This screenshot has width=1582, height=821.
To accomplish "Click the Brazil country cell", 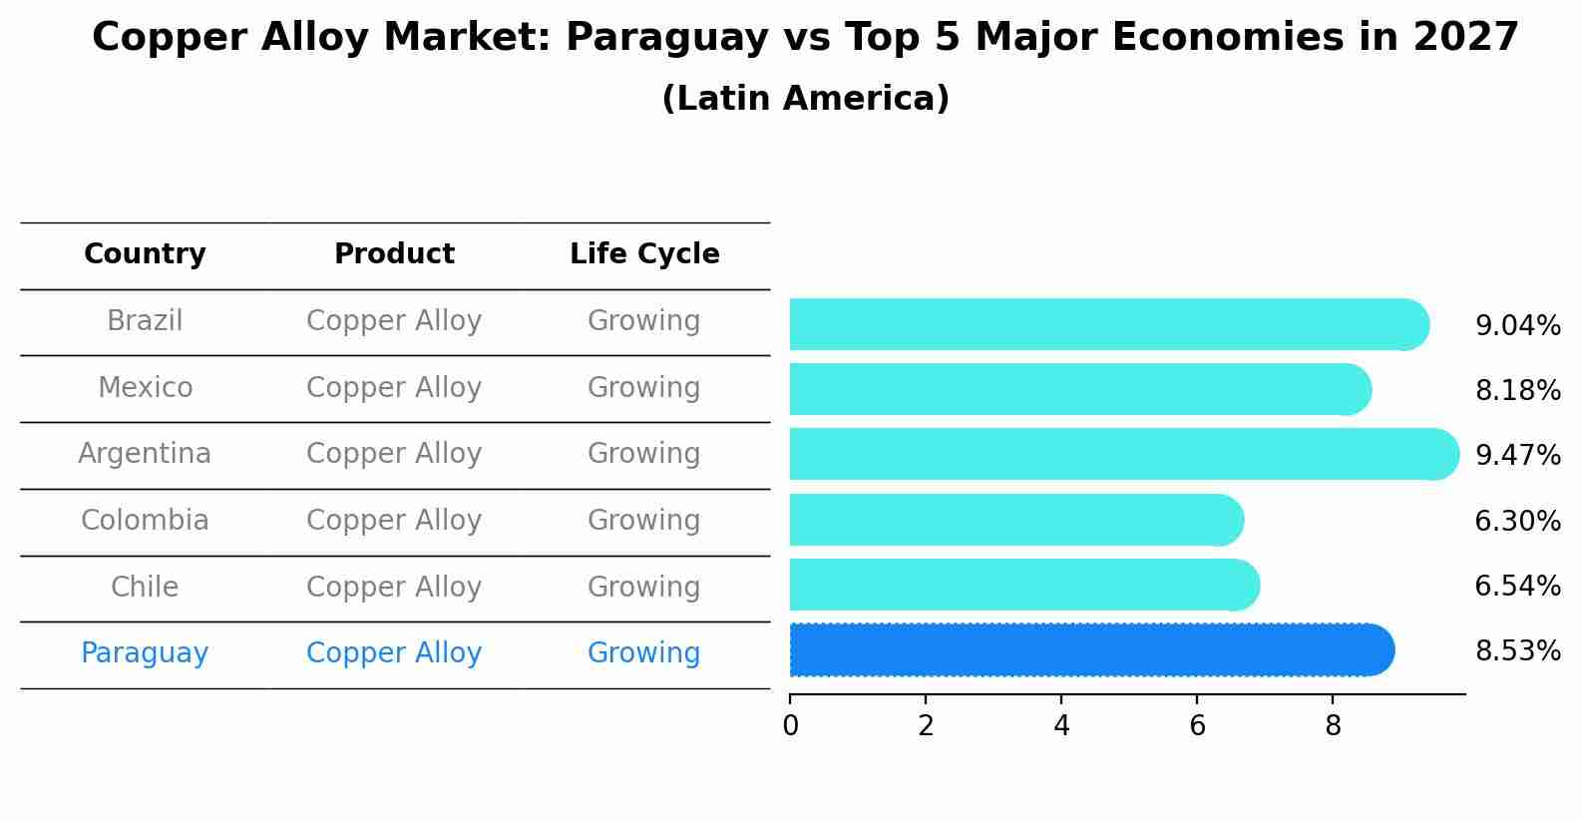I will click(x=145, y=321).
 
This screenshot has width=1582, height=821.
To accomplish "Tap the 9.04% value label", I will click(x=1517, y=326).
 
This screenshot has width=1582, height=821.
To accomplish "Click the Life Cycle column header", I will click(x=644, y=254).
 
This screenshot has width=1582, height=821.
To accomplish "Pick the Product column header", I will click(x=394, y=254).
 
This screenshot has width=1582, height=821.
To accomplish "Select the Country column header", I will click(x=145, y=254).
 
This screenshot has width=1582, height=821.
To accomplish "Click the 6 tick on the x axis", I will click(x=1197, y=726).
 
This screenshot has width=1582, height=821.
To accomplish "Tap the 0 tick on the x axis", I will click(x=790, y=726).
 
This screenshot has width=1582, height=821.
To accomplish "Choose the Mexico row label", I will click(x=145, y=387).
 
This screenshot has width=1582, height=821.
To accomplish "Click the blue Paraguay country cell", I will click(x=145, y=653).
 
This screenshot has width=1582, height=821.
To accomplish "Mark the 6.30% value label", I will click(x=1517, y=521).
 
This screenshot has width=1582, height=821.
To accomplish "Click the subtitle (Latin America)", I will click(x=805, y=99).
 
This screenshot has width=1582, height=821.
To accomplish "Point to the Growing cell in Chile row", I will click(x=643, y=587).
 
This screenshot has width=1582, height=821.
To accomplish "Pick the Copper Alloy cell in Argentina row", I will click(x=394, y=454).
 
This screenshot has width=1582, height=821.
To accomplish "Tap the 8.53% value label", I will click(x=1517, y=651).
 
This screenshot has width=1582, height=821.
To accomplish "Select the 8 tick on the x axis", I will click(x=1333, y=726).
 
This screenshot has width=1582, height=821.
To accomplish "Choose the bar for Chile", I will click(x=1023, y=585).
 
